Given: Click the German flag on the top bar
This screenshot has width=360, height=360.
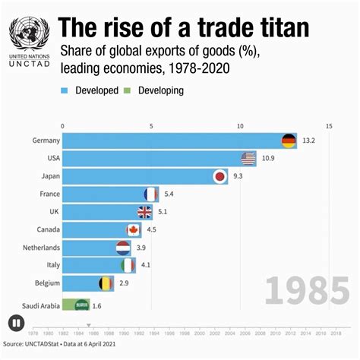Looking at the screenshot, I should [x=289, y=141].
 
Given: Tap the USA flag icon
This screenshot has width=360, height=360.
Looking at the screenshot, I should [x=248, y=159].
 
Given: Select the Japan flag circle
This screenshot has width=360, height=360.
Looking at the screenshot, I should [x=219, y=176].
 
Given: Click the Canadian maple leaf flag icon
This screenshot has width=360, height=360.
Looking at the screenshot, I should [x=134, y=229].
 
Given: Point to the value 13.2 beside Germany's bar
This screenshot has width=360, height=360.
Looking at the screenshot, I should [x=309, y=141].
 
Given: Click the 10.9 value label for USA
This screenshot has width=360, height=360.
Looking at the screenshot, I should [x=268, y=159].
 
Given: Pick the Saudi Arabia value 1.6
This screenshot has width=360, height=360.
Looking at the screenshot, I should [x=96, y=305].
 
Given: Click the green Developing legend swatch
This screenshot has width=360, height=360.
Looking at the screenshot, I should [x=129, y=90].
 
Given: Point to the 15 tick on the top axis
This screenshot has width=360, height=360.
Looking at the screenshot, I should [x=328, y=126].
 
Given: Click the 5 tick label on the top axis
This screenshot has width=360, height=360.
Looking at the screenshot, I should [x=151, y=126].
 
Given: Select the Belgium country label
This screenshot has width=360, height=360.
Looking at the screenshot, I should [x=39, y=283].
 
